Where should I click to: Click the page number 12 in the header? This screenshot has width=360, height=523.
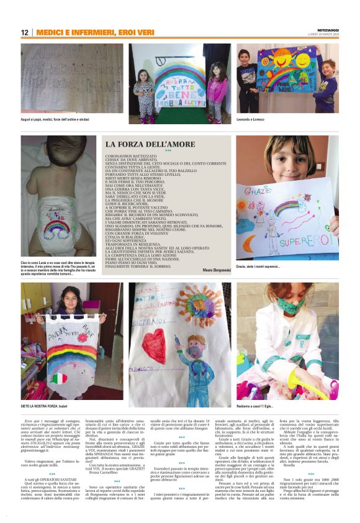pyautogui.click(x=25, y=33)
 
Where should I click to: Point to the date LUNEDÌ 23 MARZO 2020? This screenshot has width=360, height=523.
pyautogui.click(x=326, y=35)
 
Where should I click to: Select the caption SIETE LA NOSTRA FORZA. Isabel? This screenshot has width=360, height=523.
pyautogui.click(x=44, y=388)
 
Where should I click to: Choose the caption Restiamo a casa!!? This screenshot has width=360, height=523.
pyautogui.click(x=255, y=388)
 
